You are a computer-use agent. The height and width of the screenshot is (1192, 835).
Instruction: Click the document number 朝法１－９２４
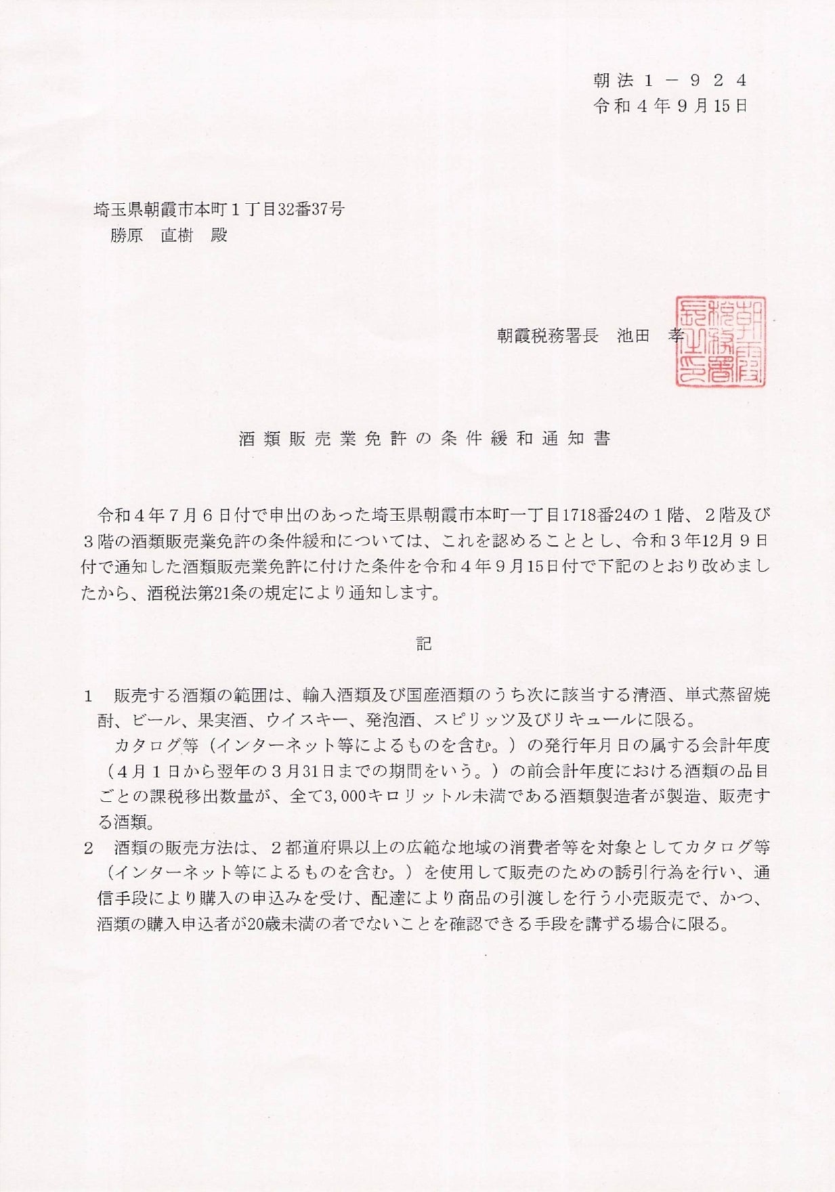[x=669, y=81]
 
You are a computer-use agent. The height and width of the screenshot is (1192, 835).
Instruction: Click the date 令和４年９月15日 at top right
[x=669, y=106]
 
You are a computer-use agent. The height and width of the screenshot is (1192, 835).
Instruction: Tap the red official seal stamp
[x=719, y=341]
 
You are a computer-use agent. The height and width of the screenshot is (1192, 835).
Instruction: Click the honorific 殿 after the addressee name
[x=219, y=235]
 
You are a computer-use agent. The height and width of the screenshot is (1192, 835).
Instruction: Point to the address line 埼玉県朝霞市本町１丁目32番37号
[x=219, y=209]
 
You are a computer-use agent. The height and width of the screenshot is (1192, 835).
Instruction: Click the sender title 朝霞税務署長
[x=547, y=336]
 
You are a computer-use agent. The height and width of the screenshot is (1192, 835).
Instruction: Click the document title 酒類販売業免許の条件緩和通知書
[x=425, y=439]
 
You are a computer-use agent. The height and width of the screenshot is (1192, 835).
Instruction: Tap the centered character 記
[x=424, y=643]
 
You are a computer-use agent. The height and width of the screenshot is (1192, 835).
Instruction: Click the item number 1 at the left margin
[x=87, y=696]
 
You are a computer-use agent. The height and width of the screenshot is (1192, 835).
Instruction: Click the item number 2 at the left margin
[x=87, y=848]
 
